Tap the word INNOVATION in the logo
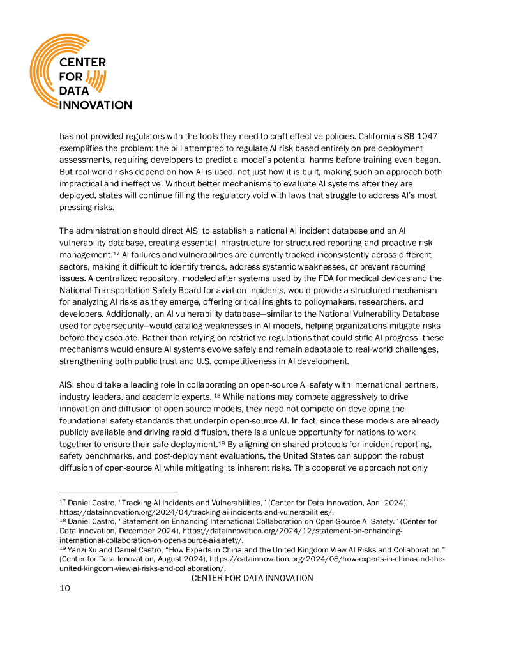(x=95, y=105)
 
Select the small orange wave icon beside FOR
(x=93, y=80)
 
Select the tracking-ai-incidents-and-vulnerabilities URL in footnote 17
(x=195, y=512)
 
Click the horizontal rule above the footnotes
(x=118, y=492)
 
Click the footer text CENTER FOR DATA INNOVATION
(x=252, y=578)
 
